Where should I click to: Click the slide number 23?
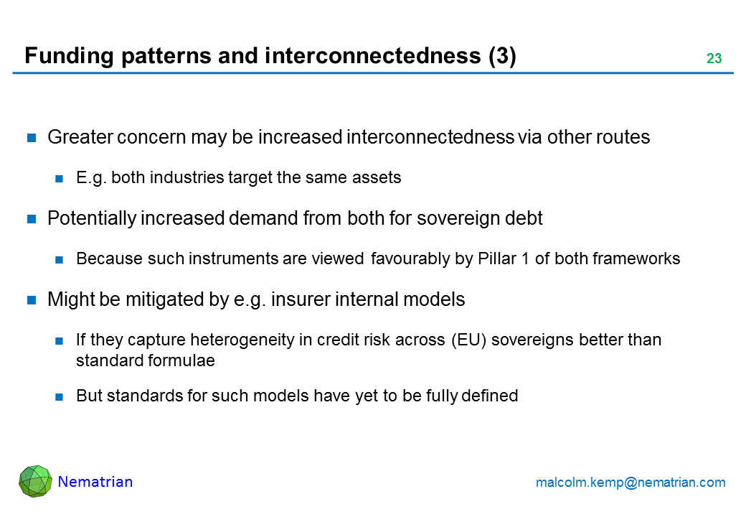coord(714,58)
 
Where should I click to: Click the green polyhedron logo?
coord(35,481)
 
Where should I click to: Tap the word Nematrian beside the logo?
coord(95,482)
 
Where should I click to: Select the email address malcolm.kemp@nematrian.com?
coord(631,483)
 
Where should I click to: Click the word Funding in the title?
coord(69,56)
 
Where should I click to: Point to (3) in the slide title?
coord(502,56)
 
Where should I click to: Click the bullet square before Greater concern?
coord(32,138)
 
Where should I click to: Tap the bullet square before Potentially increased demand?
coord(32,219)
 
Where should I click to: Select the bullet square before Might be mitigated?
coord(32,300)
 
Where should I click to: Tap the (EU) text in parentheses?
coord(468,340)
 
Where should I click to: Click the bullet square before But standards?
coord(60,396)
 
